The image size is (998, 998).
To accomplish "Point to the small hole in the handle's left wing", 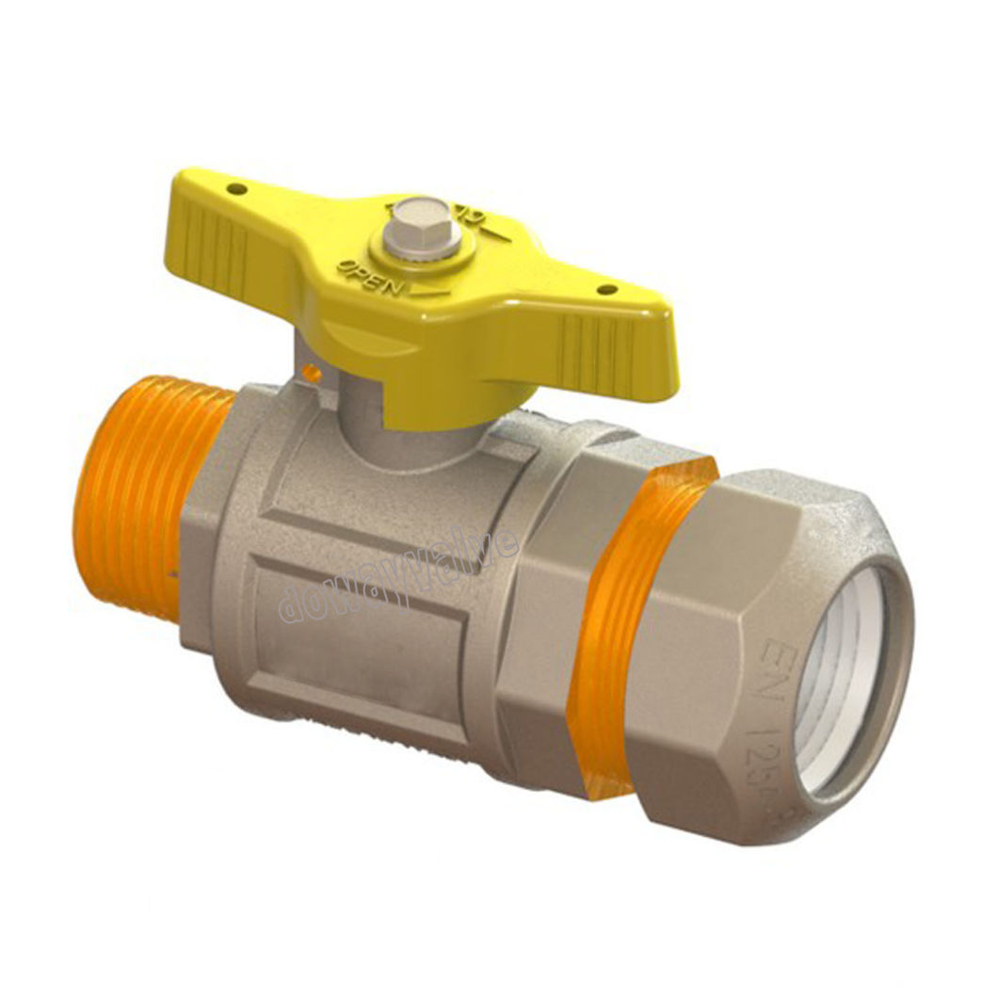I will [237, 189].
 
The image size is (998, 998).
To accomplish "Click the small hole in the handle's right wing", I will [605, 289].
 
